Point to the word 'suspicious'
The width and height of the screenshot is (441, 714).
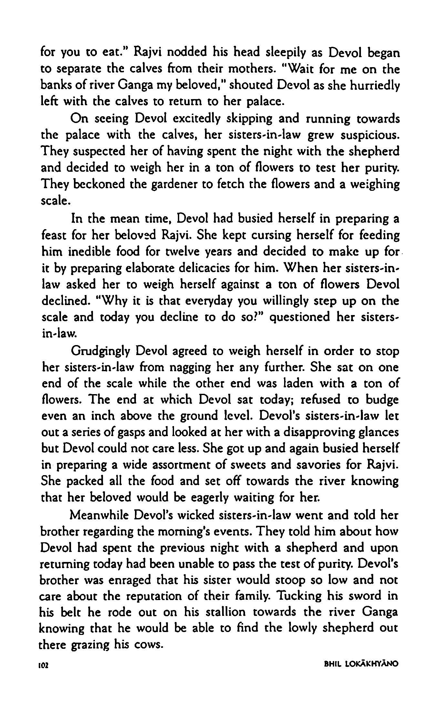pos(369,136)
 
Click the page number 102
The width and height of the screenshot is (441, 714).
pos(44,664)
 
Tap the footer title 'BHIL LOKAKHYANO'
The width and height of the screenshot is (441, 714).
pos(361,664)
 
